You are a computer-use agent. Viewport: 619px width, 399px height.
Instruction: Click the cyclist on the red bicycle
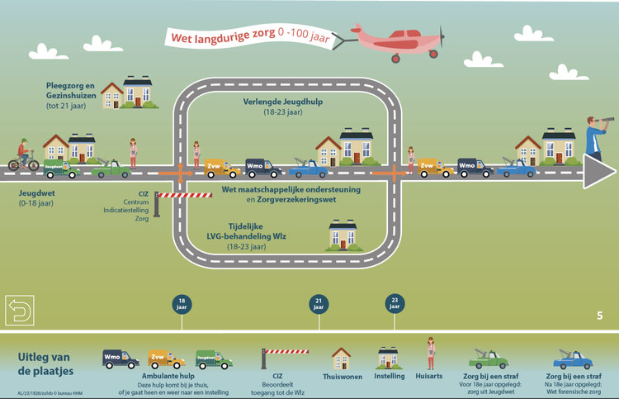[23, 156]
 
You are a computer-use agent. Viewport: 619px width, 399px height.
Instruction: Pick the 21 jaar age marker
[318, 303]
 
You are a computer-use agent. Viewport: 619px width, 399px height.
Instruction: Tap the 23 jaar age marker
[394, 303]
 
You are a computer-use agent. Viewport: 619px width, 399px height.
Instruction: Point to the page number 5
[600, 315]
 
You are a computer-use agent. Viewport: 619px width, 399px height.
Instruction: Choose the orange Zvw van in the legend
[167, 359]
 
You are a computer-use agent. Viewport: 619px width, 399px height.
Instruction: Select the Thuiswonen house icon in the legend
[342, 358]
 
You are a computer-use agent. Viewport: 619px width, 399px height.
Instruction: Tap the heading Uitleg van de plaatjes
[46, 363]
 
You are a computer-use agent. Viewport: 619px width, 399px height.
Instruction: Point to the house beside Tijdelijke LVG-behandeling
[343, 235]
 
